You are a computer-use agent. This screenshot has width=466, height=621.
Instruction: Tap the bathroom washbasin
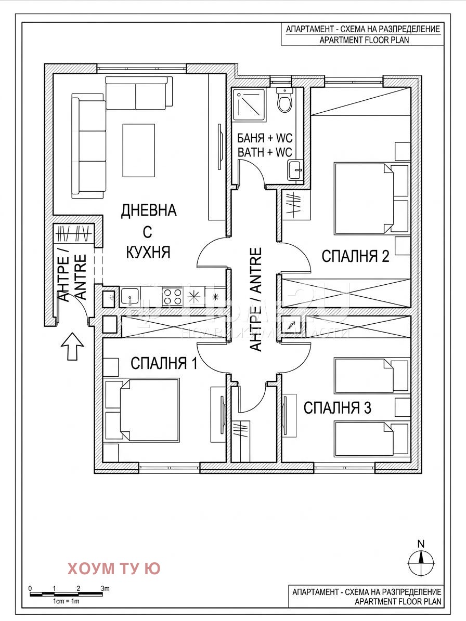click(x=295, y=169)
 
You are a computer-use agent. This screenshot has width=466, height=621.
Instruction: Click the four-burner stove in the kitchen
click(x=172, y=297)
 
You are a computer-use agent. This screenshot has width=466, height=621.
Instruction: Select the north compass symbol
click(x=421, y=560)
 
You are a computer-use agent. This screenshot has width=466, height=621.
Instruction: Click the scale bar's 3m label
click(x=105, y=589)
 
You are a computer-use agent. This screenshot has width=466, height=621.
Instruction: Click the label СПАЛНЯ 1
click(x=164, y=363)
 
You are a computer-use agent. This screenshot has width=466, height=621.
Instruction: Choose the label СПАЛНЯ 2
click(x=355, y=257)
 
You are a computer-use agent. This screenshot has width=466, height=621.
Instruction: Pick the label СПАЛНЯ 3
click(x=337, y=408)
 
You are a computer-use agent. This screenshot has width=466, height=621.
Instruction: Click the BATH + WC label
click(x=265, y=152)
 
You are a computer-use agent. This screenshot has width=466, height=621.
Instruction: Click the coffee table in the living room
click(x=138, y=151)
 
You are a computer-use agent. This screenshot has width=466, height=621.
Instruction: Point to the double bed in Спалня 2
click(x=364, y=199)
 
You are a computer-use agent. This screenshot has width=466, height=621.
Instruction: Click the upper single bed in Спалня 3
click(x=364, y=375)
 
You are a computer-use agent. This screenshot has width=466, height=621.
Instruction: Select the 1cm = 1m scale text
click(x=66, y=601)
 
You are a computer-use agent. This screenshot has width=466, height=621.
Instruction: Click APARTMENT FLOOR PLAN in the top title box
click(x=363, y=40)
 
